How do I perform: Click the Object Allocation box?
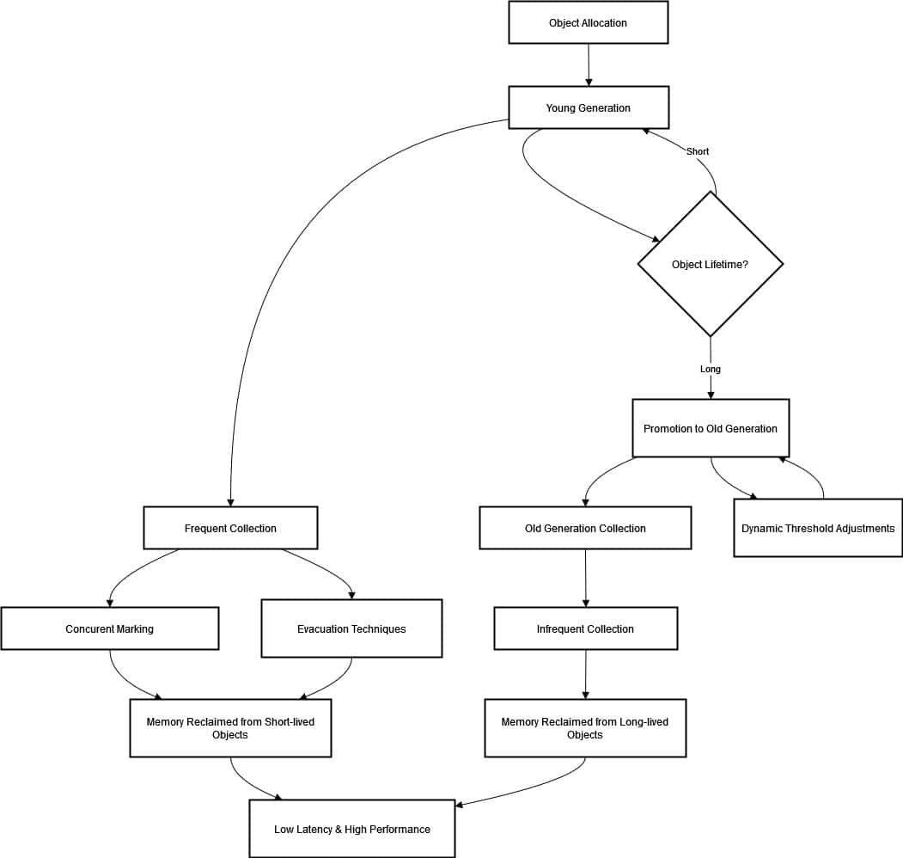[x=588, y=22]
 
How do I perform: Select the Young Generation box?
[x=589, y=107]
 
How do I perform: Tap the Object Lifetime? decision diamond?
[x=710, y=264]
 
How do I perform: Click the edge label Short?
[x=698, y=151]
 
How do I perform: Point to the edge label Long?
[x=710, y=369]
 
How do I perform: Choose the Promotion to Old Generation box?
[x=711, y=428]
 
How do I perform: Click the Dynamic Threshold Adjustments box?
[x=818, y=528]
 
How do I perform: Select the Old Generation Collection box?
[x=585, y=528]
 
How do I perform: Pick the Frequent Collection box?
[x=230, y=528]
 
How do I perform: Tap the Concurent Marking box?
[x=109, y=628]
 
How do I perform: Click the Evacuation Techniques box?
[x=351, y=628]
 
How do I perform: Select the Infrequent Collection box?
[x=586, y=628]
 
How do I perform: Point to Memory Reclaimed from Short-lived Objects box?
[x=230, y=728]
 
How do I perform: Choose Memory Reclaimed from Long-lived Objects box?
[x=585, y=728]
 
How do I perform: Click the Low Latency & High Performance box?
[x=352, y=829]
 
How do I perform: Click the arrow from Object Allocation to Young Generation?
[x=589, y=64]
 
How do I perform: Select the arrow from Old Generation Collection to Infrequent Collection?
[x=586, y=578]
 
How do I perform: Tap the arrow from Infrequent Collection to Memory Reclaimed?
[x=586, y=674]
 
